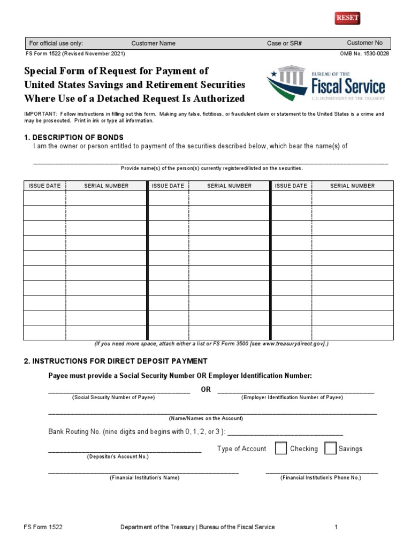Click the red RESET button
(x=347, y=18)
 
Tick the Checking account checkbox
(x=281, y=448)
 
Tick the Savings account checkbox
(x=330, y=448)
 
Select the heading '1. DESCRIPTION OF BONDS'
(x=74, y=138)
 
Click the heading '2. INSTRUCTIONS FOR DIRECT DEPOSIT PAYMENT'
(x=116, y=361)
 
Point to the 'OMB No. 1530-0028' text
(x=364, y=54)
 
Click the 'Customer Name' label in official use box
(x=153, y=43)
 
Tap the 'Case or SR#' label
(x=284, y=43)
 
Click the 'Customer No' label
(x=364, y=43)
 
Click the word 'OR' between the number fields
(x=206, y=389)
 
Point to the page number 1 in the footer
(x=336, y=527)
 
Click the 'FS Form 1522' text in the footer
(x=43, y=527)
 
